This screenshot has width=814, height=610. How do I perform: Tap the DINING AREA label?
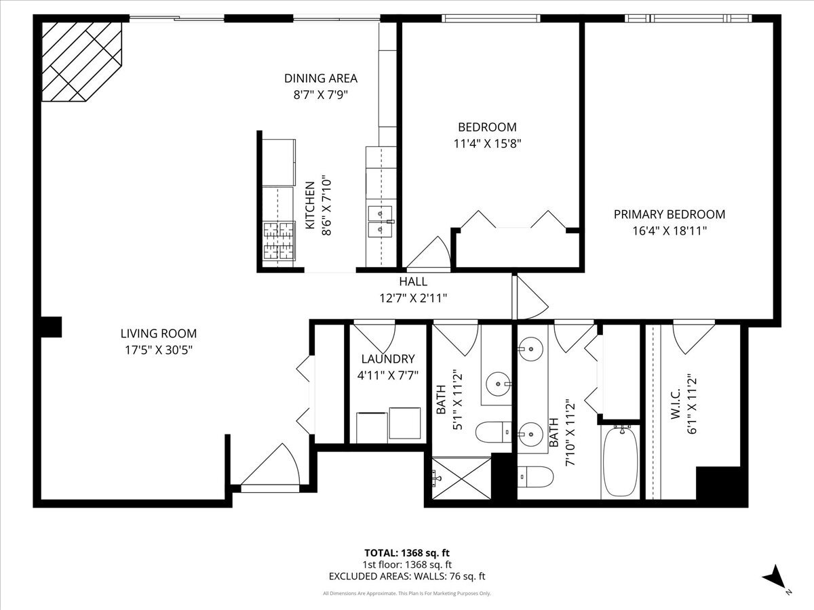point(320,79)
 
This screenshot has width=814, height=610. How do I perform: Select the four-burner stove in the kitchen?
point(279,242)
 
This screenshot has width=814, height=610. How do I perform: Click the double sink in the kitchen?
point(381,221)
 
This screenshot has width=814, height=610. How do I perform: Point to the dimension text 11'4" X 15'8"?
point(487,143)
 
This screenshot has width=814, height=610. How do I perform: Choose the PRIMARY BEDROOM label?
point(669,214)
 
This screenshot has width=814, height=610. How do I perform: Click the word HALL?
point(412,281)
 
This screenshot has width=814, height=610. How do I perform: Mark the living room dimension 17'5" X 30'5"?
point(158,350)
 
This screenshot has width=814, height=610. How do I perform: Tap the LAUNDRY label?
point(387,359)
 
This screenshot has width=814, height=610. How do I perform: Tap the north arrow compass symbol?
point(775,580)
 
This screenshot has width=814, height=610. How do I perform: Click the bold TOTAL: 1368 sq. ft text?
point(407,552)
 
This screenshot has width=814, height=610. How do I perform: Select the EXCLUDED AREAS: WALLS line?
point(407,577)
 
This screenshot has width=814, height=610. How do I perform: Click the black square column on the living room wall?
point(52,327)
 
